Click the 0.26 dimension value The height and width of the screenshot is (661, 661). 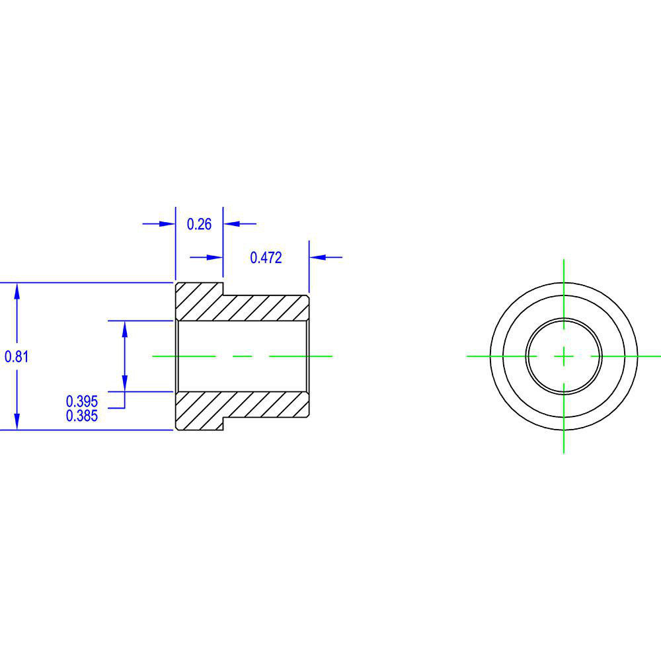(x=199, y=224)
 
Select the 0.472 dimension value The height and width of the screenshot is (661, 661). (x=266, y=258)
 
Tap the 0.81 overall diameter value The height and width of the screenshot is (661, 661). (x=16, y=356)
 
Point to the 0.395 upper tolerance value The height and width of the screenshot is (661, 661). (x=82, y=401)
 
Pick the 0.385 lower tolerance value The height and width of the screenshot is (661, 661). (x=82, y=416)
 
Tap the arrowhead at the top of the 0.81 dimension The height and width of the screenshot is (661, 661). (x=17, y=290)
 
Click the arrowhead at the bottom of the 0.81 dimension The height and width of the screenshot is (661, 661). (x=17, y=422)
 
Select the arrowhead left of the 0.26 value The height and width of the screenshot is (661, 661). (x=167, y=224)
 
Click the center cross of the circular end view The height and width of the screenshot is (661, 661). (x=563, y=356)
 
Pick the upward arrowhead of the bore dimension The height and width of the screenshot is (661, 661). (x=125, y=329)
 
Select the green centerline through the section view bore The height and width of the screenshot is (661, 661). (x=242, y=356)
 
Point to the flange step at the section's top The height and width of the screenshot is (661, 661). (x=223, y=289)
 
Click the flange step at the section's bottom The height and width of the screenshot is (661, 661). (x=223, y=424)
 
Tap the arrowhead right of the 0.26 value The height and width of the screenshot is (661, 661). (x=231, y=224)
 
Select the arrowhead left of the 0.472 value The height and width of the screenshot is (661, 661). (x=214, y=257)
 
